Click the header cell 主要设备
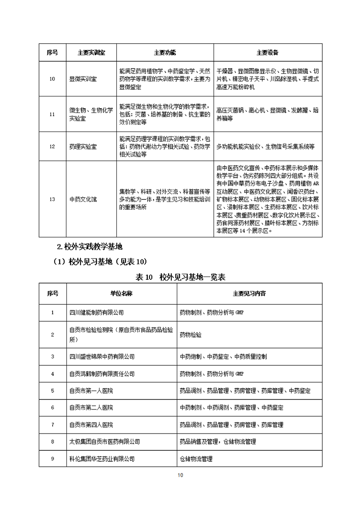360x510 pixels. [268, 52]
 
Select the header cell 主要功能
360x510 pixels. [165, 52]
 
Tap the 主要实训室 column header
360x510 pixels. [91, 52]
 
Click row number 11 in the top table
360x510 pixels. [52, 114]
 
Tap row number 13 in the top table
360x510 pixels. [52, 199]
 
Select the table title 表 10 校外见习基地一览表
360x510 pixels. [180, 277]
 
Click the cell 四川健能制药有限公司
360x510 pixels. [96, 313]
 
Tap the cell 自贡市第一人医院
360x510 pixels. [91, 391]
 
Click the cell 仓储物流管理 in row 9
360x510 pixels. [196, 459]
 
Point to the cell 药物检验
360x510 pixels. [190, 334]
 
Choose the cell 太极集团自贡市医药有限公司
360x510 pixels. [105, 441]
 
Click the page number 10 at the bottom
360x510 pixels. [180, 475]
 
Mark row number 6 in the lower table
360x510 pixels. [52, 408]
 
